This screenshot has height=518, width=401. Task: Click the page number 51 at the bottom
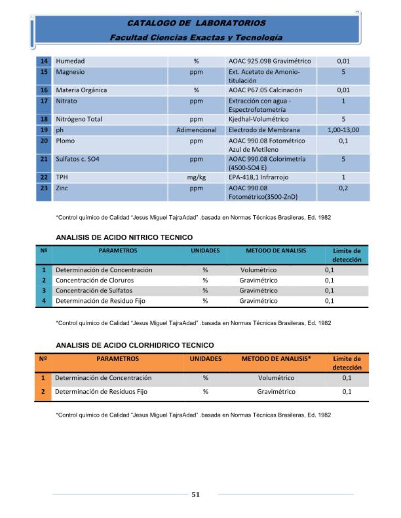(195, 494)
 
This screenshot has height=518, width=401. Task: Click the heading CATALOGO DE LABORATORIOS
(196, 23)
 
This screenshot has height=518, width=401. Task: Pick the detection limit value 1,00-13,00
(343, 130)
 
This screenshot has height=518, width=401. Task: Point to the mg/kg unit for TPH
(197, 177)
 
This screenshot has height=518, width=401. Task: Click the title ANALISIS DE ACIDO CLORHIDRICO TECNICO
(135, 345)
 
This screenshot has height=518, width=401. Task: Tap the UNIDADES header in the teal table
(205, 250)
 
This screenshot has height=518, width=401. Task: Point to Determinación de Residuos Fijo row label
(101, 392)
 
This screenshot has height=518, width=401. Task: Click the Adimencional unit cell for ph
(197, 130)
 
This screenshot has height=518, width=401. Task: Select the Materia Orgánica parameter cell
(81, 90)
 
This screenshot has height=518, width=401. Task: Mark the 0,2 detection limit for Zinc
(343, 188)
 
